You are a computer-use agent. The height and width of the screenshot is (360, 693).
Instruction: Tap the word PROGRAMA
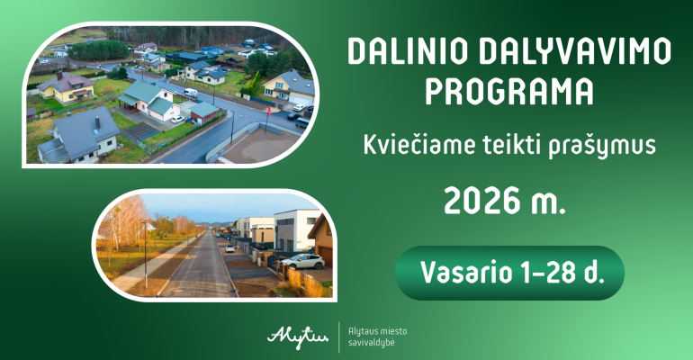509,92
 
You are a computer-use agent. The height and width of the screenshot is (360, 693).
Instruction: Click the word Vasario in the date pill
459,273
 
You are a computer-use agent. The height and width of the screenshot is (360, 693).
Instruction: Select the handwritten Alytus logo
298,337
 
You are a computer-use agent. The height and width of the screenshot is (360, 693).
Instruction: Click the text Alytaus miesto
377,331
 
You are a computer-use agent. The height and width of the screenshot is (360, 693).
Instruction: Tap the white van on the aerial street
190,93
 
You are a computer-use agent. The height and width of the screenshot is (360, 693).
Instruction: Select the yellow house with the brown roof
67,87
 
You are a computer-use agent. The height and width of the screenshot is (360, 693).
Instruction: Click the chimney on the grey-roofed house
98,121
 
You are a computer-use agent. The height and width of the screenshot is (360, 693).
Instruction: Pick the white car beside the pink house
177,120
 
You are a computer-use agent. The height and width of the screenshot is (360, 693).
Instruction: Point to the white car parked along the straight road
229,248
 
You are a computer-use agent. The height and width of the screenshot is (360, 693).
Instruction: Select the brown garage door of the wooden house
326,256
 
